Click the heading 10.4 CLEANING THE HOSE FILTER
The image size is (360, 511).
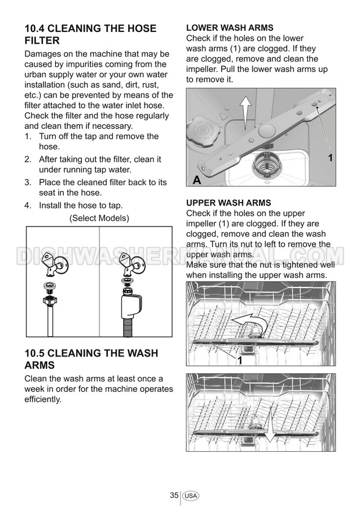click(90, 34)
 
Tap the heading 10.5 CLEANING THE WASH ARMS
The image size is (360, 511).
click(91, 359)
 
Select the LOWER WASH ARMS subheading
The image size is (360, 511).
click(230, 28)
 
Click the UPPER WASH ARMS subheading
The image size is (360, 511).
click(228, 203)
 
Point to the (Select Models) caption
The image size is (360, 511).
click(99, 218)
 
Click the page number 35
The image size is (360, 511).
click(174, 495)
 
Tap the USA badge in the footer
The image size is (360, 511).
click(190, 496)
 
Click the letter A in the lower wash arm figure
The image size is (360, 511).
click(197, 179)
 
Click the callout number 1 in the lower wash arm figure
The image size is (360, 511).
click(330, 158)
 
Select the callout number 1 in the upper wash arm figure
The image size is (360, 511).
click(240, 361)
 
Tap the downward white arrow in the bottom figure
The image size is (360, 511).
click(269, 428)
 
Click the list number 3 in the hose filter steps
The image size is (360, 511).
click(28, 182)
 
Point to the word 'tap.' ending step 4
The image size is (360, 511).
click(116, 206)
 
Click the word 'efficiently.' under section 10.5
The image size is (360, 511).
click(43, 400)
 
